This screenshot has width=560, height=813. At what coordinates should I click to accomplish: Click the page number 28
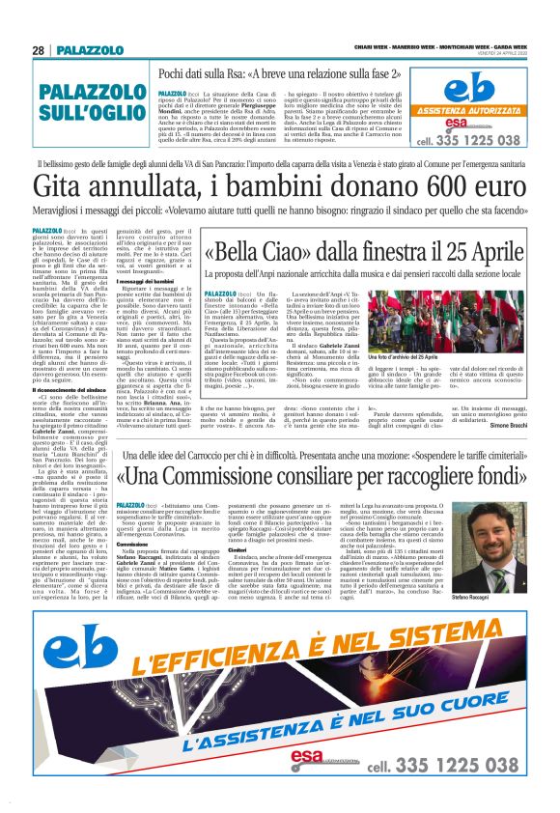pyautogui.click(x=39, y=49)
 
